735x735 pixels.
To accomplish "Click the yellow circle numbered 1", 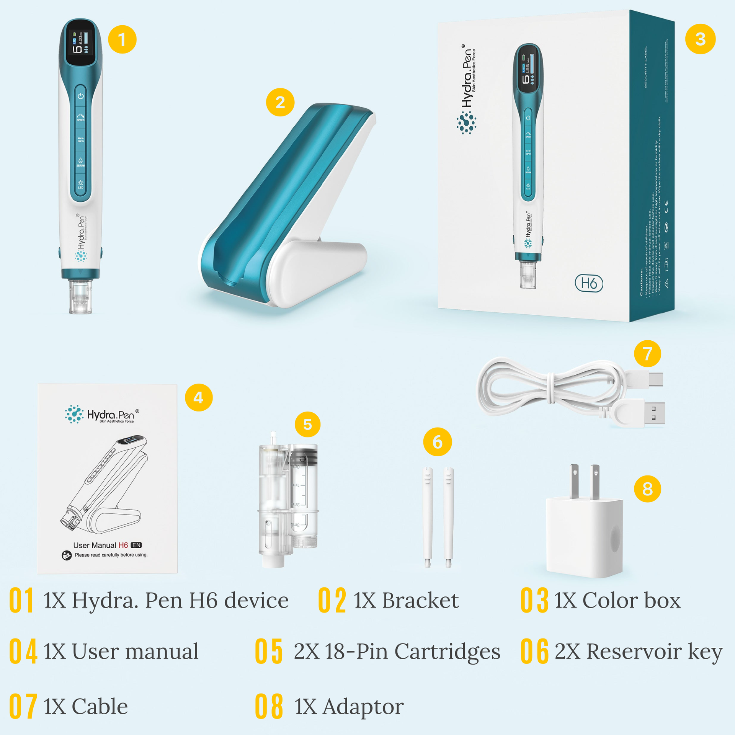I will point(122,39).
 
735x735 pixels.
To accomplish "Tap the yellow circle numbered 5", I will point(307,424).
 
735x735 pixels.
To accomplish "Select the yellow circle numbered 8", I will point(647,488).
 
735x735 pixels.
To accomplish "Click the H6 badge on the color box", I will point(589,283).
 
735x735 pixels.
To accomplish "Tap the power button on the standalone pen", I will point(80,96).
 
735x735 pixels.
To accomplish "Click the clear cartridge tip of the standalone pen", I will point(80,297).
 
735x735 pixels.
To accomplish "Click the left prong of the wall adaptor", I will point(574,482).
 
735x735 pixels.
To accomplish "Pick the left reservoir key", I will point(428,517).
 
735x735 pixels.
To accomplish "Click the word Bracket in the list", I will point(420,601).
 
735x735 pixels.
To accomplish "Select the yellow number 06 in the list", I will point(534,651).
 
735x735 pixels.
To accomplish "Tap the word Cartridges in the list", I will point(447,651).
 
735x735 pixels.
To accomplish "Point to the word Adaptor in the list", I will point(363,706).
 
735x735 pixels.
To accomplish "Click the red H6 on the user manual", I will point(123,545).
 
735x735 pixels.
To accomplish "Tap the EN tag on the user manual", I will point(136,545).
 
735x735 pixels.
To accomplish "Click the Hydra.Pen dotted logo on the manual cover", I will point(74,414).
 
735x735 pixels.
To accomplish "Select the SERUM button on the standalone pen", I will point(80,162).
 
